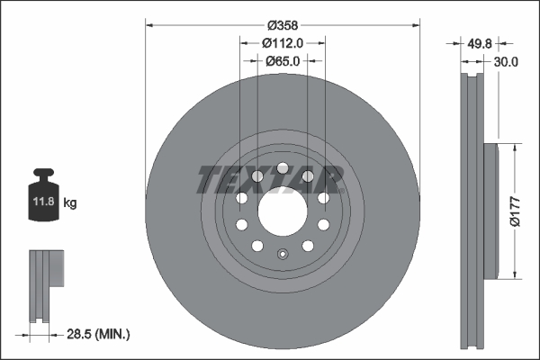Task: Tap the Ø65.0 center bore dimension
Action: [282, 61]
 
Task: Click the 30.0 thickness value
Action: [507, 61]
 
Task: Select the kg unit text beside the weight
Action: [70, 203]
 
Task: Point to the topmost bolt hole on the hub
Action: [282, 168]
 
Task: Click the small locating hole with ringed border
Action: [282, 254]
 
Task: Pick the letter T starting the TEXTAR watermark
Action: [205, 179]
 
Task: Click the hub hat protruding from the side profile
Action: [491, 211]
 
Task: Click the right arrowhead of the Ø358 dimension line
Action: [417, 24]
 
